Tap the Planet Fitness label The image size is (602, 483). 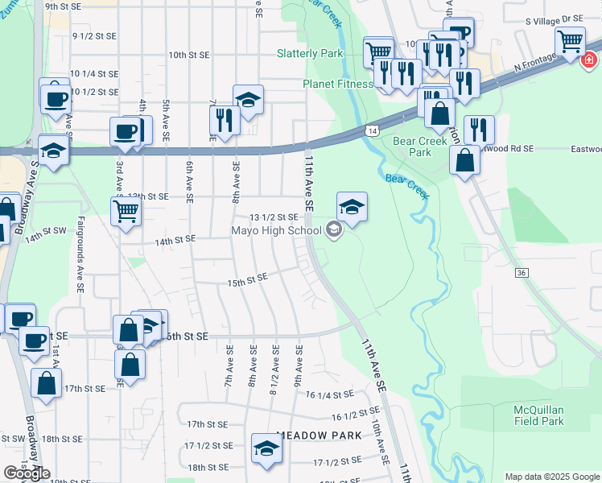[337, 84]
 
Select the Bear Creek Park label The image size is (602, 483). [413, 146]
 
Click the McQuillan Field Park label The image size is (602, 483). [538, 415]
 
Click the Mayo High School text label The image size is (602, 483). [276, 231]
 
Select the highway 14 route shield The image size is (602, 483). [371, 130]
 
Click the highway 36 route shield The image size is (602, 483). [522, 274]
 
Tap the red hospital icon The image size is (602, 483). [589, 59]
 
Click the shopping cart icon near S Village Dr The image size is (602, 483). [570, 39]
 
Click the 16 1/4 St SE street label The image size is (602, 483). [330, 394]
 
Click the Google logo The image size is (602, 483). [27, 473]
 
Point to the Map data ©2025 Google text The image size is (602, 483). [551, 477]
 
